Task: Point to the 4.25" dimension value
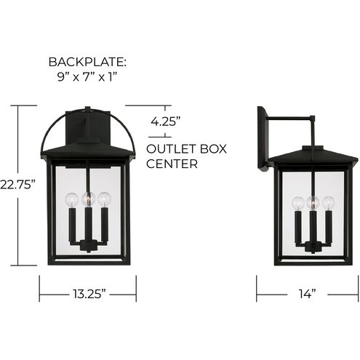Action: pyautogui.click(x=165, y=122)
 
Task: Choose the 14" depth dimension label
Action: pyautogui.click(x=306, y=294)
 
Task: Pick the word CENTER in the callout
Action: pyautogui.click(x=172, y=164)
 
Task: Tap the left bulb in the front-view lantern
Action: pyautogui.click(x=71, y=199)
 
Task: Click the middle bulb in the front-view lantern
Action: pyautogui.click(x=87, y=197)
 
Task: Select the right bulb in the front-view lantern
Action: pyautogui.click(x=103, y=199)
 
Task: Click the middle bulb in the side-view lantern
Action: pyautogui.click(x=313, y=202)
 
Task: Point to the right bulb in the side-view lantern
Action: pyautogui.click(x=328, y=203)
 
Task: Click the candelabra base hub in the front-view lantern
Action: pyautogui.click(x=87, y=245)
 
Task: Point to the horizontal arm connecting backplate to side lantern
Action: pyautogui.click(x=291, y=117)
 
